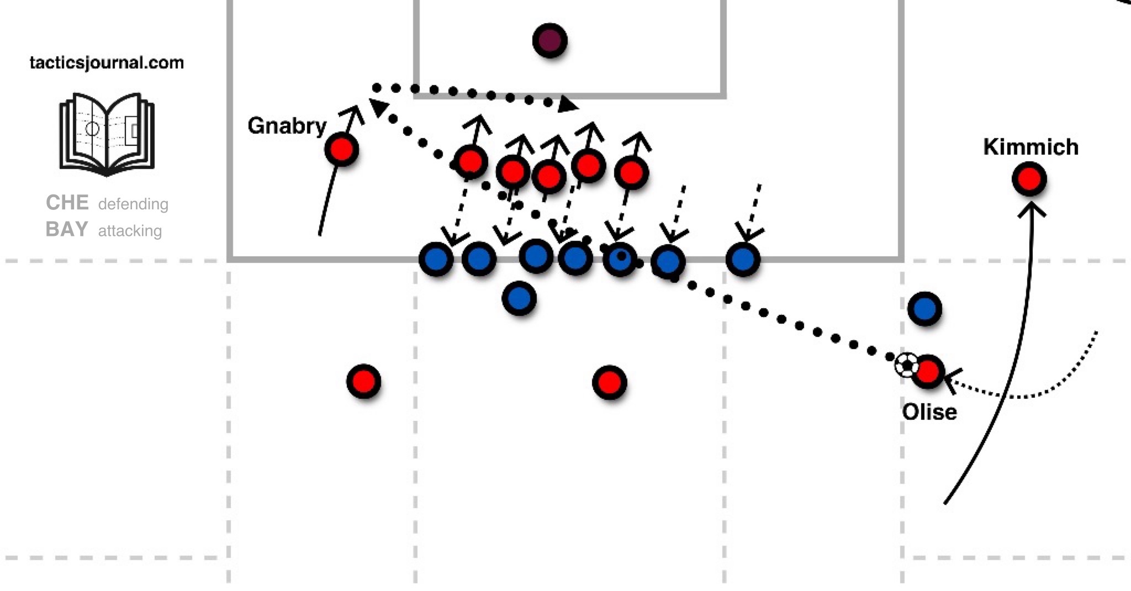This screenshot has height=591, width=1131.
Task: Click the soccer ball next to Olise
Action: click(906, 365)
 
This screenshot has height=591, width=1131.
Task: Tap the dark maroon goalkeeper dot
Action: click(549, 40)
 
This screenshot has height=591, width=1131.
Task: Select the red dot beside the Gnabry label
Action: click(341, 149)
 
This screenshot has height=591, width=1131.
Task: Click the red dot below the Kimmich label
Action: click(1029, 179)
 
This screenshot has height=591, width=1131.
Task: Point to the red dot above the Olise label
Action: click(928, 372)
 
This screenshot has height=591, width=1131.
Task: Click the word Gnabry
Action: click(287, 126)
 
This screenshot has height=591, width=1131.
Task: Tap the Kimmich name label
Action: click(1030, 147)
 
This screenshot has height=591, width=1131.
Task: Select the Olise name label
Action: click(929, 412)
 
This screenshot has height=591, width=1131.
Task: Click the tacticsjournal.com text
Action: click(107, 62)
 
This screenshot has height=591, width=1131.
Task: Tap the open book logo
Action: click(107, 134)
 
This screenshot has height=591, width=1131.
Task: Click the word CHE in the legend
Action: click(67, 203)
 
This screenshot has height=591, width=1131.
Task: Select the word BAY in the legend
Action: click(67, 229)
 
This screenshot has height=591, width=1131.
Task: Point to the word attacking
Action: click(130, 230)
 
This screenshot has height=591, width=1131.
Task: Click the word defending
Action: click(133, 204)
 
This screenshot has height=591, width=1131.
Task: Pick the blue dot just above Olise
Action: click(924, 309)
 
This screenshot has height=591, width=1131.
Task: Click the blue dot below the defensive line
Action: click(519, 298)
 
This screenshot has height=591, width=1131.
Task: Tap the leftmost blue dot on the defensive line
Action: click(436, 258)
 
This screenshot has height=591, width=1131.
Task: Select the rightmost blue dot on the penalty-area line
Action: click(743, 259)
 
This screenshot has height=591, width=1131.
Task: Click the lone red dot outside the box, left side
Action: click(363, 381)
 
